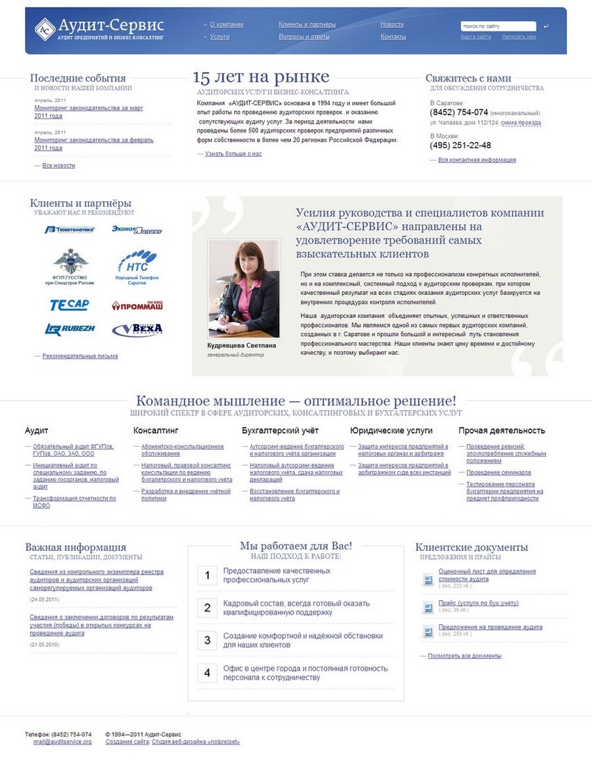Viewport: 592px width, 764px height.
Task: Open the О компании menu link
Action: pyautogui.click(x=226, y=24)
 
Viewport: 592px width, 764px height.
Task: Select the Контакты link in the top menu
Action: pyautogui.click(x=393, y=36)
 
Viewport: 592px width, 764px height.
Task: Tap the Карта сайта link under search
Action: pyautogui.click(x=476, y=36)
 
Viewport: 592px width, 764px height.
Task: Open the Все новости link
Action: pyautogui.click(x=59, y=165)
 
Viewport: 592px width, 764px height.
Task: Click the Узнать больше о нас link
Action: pyautogui.click(x=233, y=153)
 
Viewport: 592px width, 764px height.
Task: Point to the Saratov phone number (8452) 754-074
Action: pyautogui.click(x=459, y=112)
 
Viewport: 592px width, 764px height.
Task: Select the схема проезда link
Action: pyautogui.click(x=520, y=123)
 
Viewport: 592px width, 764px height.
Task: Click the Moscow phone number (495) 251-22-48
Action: pyautogui.click(x=460, y=145)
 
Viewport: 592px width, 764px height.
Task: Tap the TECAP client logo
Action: pyautogui.click(x=69, y=305)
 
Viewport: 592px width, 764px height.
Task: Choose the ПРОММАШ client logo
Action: pyautogui.click(x=137, y=305)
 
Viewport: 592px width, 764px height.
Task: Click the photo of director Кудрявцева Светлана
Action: pyautogui.click(x=244, y=288)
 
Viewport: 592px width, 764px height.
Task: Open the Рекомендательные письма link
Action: pyautogui.click(x=80, y=356)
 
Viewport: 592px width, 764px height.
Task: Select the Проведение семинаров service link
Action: pyautogui.click(x=498, y=472)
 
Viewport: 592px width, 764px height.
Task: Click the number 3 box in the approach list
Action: pyautogui.click(x=208, y=640)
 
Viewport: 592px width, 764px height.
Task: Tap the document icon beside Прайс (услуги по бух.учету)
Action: pyautogui.click(x=428, y=606)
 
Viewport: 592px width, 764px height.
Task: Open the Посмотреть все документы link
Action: pyautogui.click(x=465, y=656)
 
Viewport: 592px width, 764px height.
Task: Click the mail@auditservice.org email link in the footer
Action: pyautogui.click(x=62, y=742)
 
